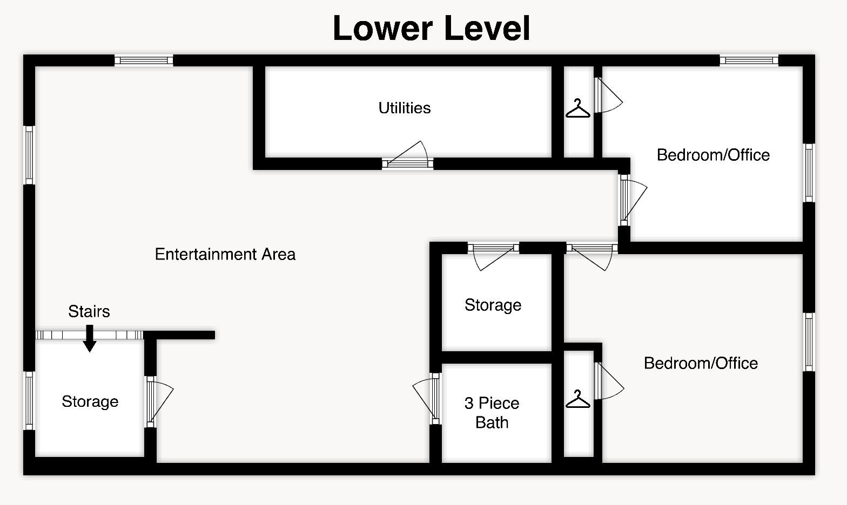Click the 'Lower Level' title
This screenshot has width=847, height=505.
point(431,29)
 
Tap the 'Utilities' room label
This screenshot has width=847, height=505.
point(405,108)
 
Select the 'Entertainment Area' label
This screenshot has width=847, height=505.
point(225,254)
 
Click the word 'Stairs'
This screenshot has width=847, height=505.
point(89,311)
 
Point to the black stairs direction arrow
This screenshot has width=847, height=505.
point(90,338)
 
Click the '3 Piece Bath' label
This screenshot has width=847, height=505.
point(492,412)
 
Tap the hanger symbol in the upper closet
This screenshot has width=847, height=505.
point(578,108)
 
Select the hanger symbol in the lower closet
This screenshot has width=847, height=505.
point(578,399)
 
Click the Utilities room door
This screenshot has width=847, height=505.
point(408,155)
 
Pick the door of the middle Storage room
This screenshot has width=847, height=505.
point(494,257)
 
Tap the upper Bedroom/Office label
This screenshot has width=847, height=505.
point(713,155)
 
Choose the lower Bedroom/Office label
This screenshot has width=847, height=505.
point(701,363)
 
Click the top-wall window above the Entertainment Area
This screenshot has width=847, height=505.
point(144,60)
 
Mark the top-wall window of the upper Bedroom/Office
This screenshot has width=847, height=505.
point(749,60)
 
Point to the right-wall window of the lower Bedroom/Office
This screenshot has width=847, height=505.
point(809,342)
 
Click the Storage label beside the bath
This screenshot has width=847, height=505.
point(493,305)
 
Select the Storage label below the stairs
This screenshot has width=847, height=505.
point(90,401)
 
